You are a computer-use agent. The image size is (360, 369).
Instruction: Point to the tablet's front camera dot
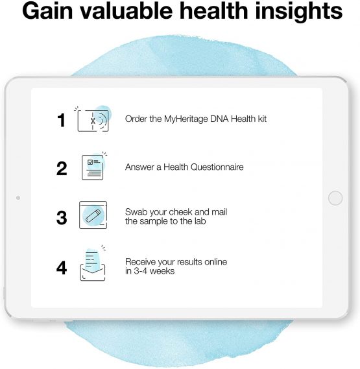[x=18, y=196]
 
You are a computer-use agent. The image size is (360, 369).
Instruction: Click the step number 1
[x=61, y=120]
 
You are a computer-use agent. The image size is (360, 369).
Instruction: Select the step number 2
[x=62, y=168]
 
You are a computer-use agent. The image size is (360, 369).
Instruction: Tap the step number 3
[x=62, y=217]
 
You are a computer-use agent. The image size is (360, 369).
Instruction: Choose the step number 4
[x=62, y=267]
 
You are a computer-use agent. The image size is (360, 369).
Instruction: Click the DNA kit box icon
[x=93, y=119]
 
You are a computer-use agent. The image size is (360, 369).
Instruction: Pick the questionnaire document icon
[x=93, y=167]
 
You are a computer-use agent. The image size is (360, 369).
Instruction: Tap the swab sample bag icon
[x=92, y=216]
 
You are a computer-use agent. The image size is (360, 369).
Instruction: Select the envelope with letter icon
[x=92, y=265]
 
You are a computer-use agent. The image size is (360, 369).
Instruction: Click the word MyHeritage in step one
[x=183, y=119]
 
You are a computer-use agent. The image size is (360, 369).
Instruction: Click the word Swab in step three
[x=136, y=212]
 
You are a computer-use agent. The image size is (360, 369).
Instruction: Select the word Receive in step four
[x=140, y=261]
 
